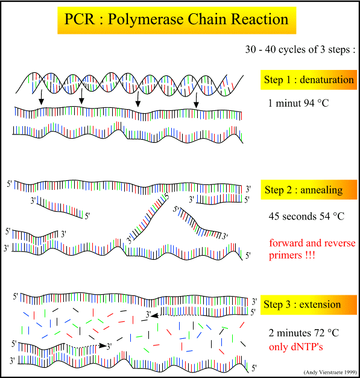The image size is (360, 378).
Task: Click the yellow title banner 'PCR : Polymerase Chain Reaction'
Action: [x=177, y=20]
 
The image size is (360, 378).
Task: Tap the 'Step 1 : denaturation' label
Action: [x=308, y=80]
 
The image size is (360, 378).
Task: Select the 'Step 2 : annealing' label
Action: [x=309, y=190]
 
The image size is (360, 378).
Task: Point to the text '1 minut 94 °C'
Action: [x=298, y=103]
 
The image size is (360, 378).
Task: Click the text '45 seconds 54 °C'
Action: [x=306, y=216]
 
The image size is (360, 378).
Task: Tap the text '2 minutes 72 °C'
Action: [x=304, y=333]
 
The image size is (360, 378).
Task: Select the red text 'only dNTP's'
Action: [x=295, y=347]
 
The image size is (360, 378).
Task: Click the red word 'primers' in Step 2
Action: [x=285, y=256]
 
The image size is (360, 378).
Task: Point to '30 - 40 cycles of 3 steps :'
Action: [x=300, y=49]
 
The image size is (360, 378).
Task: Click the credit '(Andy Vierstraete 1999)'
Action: [x=330, y=372]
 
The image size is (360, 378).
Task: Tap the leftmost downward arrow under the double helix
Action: [x=41, y=97]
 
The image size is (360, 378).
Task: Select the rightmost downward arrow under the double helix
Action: [x=196, y=101]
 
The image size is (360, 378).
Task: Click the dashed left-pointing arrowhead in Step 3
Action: [x=154, y=315]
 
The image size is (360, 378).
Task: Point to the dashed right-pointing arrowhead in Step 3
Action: [x=103, y=345]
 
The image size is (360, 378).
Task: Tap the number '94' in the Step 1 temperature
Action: [x=309, y=103]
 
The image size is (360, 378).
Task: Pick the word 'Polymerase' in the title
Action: [x=145, y=19]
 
